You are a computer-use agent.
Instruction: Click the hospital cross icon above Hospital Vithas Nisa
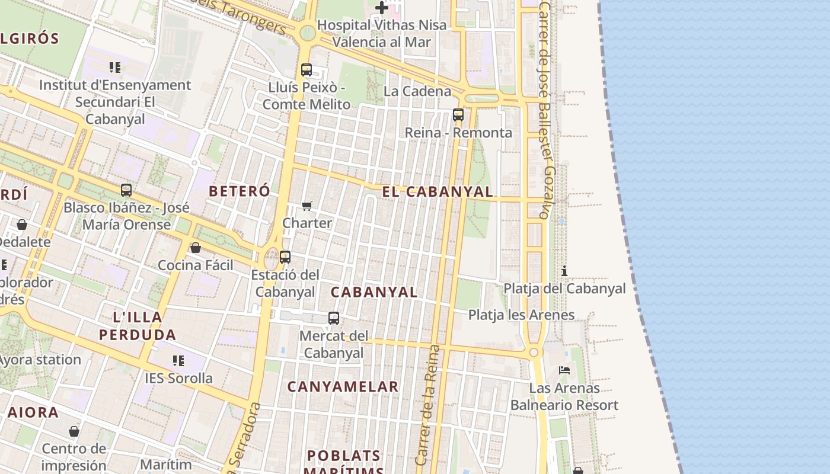click(x=382, y=8)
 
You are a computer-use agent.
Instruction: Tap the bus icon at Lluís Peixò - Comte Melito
click(x=307, y=70)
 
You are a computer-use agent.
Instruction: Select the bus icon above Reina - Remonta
click(x=458, y=115)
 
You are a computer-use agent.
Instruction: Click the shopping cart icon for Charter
click(x=307, y=206)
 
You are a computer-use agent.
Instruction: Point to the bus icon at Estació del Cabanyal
click(x=285, y=257)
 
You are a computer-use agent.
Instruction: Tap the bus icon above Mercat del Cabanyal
click(x=334, y=318)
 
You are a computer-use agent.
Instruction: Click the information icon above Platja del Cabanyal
click(x=564, y=271)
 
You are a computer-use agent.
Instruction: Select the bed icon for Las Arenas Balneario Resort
click(x=564, y=370)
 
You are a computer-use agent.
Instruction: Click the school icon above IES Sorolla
click(x=178, y=360)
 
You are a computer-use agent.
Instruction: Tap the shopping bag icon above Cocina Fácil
click(x=196, y=248)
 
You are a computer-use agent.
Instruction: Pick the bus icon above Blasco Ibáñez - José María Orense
click(x=126, y=190)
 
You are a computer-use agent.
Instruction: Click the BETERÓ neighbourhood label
click(x=240, y=191)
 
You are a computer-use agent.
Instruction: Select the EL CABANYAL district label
click(x=438, y=191)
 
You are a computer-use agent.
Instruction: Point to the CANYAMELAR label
click(x=343, y=387)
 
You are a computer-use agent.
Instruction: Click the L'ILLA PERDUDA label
click(x=138, y=326)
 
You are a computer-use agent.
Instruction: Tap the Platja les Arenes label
click(x=521, y=315)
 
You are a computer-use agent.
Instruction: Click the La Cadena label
click(x=417, y=91)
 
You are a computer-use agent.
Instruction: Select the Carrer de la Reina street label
click(x=429, y=405)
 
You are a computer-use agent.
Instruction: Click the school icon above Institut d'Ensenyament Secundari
click(x=115, y=68)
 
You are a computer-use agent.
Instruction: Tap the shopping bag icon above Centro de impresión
click(x=74, y=431)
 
